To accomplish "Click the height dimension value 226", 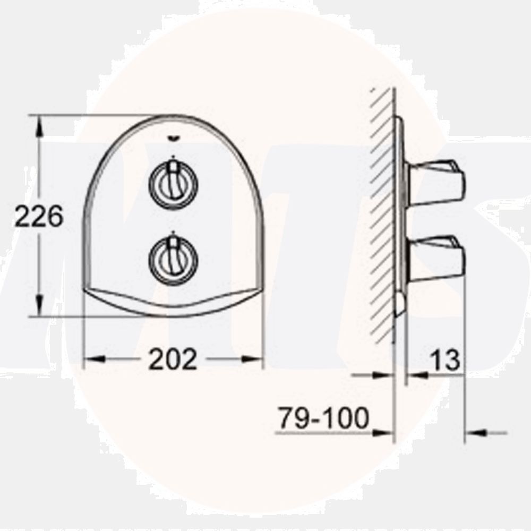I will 39,217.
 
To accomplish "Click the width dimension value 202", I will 173,359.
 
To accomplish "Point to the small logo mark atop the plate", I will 173,140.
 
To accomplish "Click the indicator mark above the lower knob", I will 173,234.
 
